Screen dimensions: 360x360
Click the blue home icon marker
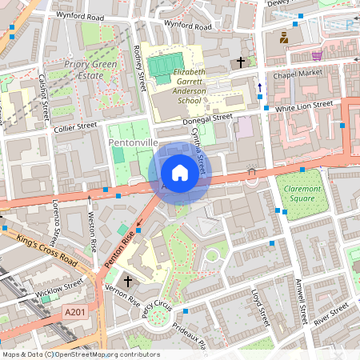pos(180,172)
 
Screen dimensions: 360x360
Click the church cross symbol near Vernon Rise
pos(126,282)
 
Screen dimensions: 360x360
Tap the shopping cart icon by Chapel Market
pos(317,56)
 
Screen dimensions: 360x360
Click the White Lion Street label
pos(303,106)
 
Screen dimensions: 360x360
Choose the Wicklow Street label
pos(59,286)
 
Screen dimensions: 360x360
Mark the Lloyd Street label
pos(261,306)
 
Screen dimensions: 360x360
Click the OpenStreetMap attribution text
pos(80,354)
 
